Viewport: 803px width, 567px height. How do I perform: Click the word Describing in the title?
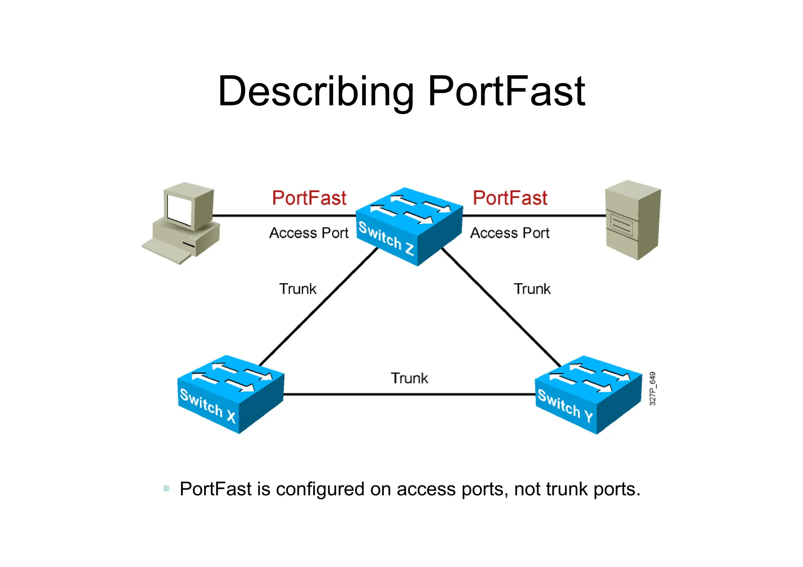(316, 92)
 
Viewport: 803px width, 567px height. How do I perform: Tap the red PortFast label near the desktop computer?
(309, 198)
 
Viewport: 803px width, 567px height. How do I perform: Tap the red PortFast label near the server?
(510, 198)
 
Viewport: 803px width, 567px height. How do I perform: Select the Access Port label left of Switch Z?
(309, 233)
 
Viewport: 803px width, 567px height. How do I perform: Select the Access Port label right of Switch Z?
(510, 233)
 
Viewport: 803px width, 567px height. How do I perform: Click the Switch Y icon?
(588, 394)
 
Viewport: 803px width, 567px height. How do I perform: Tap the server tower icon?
(632, 219)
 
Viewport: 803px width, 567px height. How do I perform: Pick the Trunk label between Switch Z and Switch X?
(298, 289)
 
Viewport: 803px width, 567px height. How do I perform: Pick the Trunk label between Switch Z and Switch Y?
(532, 289)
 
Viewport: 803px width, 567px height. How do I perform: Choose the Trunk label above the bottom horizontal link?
(409, 379)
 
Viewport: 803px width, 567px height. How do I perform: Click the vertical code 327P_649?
(652, 389)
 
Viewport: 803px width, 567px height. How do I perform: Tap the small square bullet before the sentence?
(167, 489)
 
